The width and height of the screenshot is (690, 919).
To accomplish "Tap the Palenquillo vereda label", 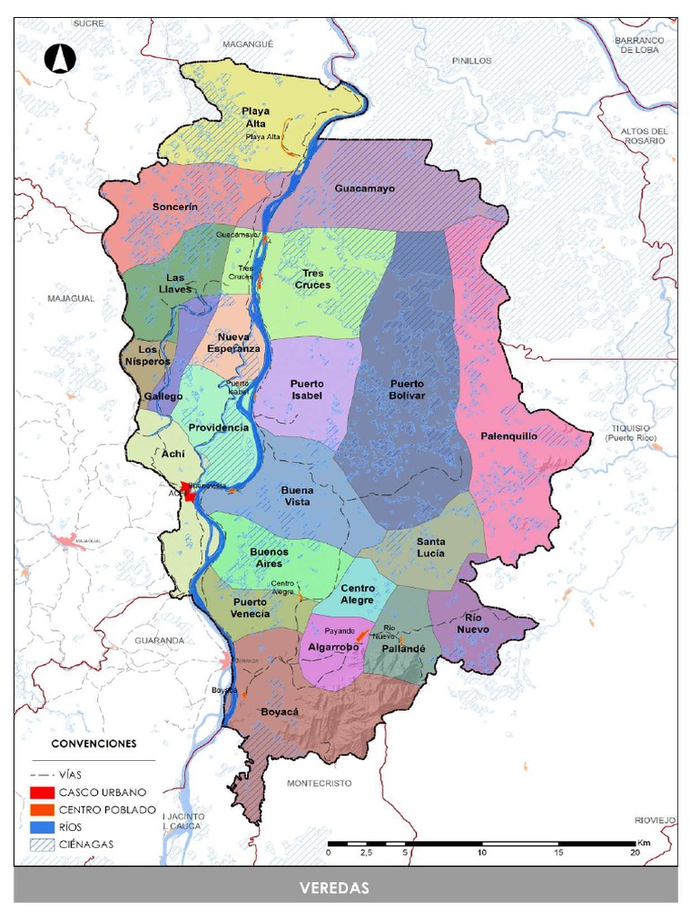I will coord(509,435).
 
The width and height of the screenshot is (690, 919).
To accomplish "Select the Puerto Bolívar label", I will coord(407,389).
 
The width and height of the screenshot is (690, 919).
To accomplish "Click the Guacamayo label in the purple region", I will coord(365,188).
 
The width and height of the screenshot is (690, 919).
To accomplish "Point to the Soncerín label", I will coord(174,206).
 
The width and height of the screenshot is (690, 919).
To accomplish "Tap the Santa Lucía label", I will coord(430,547).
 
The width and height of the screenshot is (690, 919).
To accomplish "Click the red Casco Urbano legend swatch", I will coord(42,792).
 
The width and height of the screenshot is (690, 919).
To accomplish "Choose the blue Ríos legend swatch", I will coord(42,827).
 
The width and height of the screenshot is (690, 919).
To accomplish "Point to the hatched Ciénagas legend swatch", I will coord(42,844).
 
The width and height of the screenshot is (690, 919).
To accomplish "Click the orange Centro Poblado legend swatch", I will coord(42,810).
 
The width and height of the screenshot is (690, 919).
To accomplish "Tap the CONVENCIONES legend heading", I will coord(93,744).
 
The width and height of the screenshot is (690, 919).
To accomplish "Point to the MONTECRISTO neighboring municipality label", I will coord(319,783).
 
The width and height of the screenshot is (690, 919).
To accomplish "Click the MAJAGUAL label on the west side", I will coord(71,298).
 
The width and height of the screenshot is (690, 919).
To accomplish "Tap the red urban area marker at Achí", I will coord(190,491).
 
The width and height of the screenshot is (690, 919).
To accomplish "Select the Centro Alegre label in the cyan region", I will coord(358,594).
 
